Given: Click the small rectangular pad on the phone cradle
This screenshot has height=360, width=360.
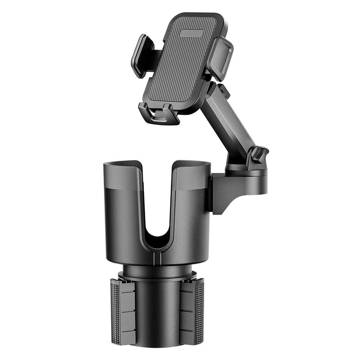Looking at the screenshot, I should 191,33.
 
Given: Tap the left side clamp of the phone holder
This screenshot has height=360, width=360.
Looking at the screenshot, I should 141,55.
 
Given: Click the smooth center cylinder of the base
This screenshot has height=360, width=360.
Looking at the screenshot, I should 157,315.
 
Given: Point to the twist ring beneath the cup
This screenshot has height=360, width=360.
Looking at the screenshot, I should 157,272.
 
